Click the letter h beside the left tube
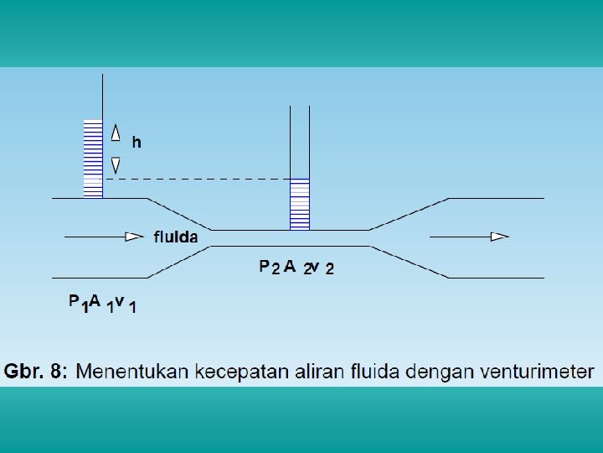click(x=136, y=143)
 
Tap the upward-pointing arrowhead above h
click(x=116, y=130)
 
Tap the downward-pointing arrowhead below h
click(x=116, y=164)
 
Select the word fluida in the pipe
click(x=176, y=237)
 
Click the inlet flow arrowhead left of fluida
click(x=134, y=237)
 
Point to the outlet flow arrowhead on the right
click(x=500, y=237)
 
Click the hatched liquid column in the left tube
click(x=92, y=159)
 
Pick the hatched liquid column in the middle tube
click(x=299, y=204)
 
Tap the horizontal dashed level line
click(x=193, y=179)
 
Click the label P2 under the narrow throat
click(x=269, y=268)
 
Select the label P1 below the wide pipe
click(x=78, y=304)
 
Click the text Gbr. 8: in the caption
click(x=37, y=370)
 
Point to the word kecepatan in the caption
click(x=237, y=370)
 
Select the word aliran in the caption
click(x=314, y=370)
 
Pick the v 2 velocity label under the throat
click(x=323, y=268)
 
